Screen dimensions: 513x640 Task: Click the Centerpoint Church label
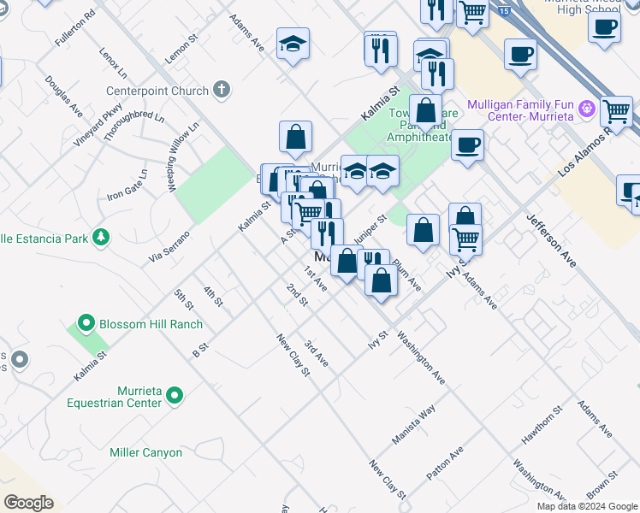click(157, 91)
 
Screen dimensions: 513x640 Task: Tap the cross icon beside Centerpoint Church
click(222, 89)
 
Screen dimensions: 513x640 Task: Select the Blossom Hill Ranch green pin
click(86, 324)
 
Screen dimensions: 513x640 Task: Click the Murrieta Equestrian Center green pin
click(175, 394)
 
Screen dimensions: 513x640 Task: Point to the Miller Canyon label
click(145, 452)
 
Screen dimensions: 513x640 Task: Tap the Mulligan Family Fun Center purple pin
click(586, 109)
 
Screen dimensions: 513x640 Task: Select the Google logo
click(28, 502)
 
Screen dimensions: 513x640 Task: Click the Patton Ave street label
click(445, 463)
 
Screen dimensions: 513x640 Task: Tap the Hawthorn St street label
click(542, 426)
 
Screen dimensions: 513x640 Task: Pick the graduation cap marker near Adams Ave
click(293, 46)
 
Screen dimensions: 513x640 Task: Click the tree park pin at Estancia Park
click(101, 237)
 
